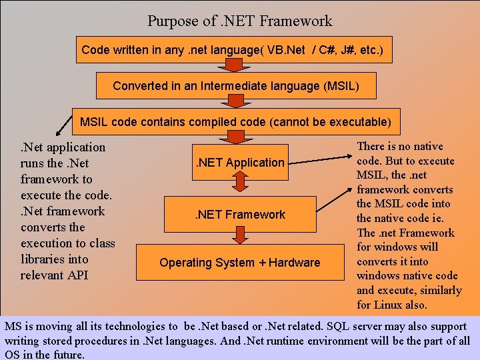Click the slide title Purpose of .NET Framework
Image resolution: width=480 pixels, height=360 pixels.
[x=239, y=21]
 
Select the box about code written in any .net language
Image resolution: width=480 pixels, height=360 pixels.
[x=232, y=50]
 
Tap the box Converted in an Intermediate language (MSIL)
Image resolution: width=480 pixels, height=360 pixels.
[x=236, y=86]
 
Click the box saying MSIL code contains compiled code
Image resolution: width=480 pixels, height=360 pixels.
[x=235, y=122]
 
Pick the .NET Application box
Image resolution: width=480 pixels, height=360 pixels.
[x=239, y=162]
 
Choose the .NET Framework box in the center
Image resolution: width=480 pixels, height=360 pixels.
[x=239, y=214]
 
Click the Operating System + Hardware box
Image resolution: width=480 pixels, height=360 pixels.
[x=239, y=263]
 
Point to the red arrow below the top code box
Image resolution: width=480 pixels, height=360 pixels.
[x=235, y=66]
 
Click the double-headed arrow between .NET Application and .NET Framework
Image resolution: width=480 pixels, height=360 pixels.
[x=239, y=188]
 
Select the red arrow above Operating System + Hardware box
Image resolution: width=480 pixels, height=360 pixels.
[x=239, y=235]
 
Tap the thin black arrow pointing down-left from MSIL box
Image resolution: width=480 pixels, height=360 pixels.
[x=63, y=124]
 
